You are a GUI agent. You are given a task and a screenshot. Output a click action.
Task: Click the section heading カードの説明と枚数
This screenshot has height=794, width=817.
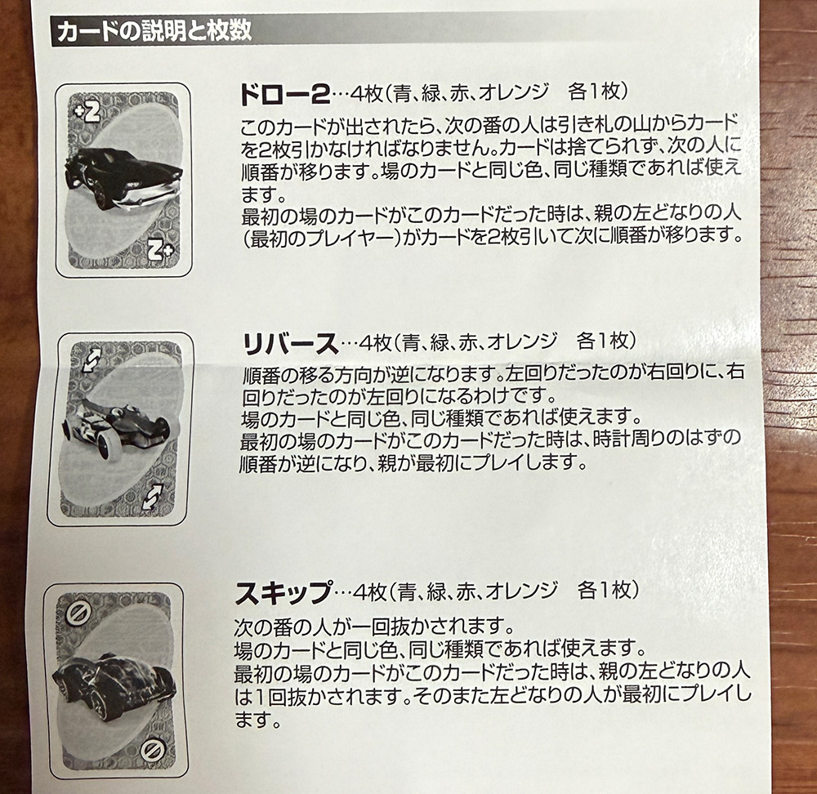coord(154,32)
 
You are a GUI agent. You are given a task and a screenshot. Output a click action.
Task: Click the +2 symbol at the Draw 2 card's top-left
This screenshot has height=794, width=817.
coord(87,112)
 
